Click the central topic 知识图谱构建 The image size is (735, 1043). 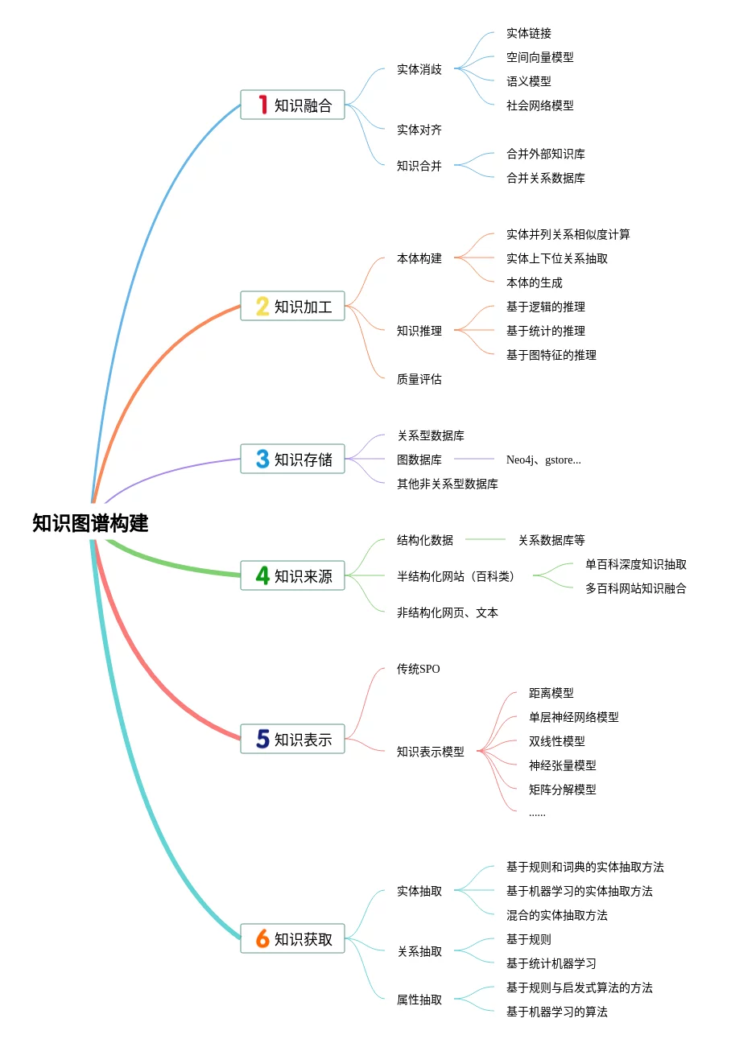[x=90, y=523]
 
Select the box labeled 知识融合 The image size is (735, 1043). [x=292, y=105]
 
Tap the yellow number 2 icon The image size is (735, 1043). [x=262, y=306]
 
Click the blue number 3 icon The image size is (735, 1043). [x=262, y=459]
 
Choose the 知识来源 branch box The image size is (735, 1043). [x=292, y=575]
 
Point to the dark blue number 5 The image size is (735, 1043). [x=262, y=739]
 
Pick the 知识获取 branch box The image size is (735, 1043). [x=292, y=938]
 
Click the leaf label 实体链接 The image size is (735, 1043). [x=529, y=33]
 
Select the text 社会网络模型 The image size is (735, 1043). [x=540, y=105]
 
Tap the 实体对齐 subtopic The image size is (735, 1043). [x=419, y=130]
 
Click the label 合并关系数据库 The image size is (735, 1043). [x=546, y=178]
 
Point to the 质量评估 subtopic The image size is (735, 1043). [x=419, y=379]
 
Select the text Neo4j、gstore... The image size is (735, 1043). [x=543, y=460]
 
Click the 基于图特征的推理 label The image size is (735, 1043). [x=551, y=355]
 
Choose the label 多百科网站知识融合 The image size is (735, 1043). [x=636, y=588]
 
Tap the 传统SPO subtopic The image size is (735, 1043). [x=419, y=669]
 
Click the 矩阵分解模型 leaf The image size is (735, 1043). [x=563, y=789]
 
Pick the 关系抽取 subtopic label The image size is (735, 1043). [x=419, y=951]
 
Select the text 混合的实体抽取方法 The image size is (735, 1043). [x=557, y=915]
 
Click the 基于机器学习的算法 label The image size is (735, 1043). [x=557, y=1012]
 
